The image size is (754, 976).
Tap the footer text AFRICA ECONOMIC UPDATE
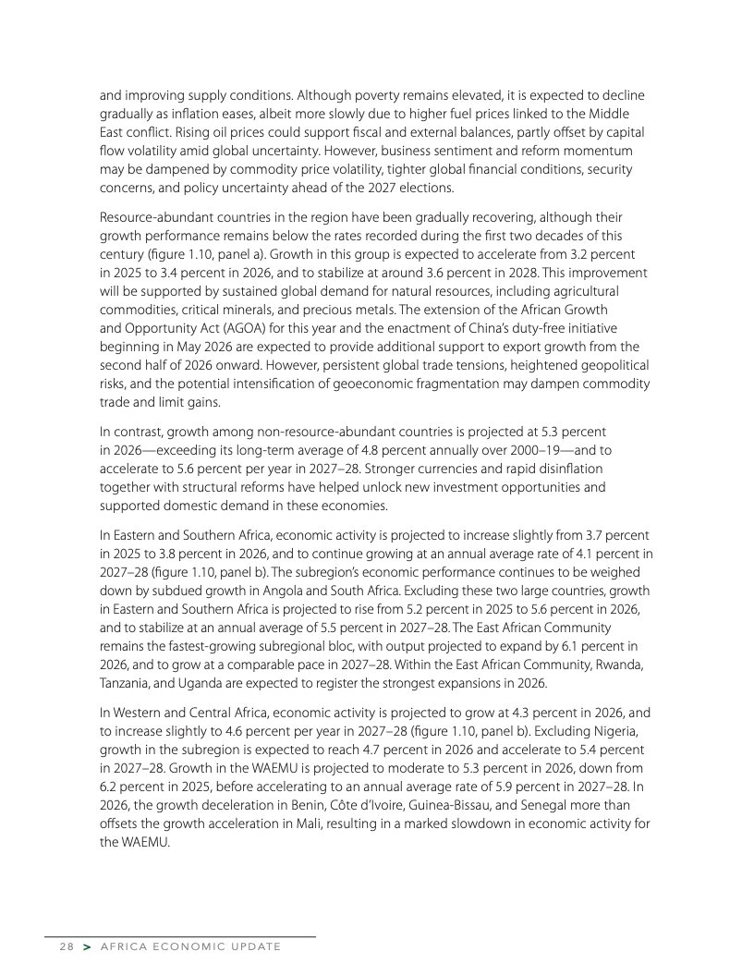[189, 947]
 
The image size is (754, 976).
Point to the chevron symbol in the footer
[86, 947]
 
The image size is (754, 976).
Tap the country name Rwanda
[614, 666]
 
